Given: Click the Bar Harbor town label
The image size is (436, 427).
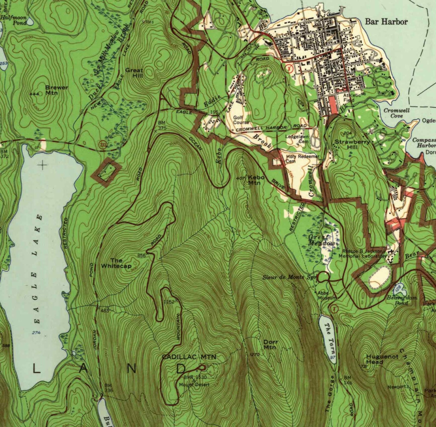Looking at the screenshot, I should click(386, 22).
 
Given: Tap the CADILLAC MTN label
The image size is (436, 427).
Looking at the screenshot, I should click(189, 357).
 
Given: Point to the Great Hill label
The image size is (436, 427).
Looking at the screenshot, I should click(134, 72).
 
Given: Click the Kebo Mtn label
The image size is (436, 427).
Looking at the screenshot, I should click(256, 180).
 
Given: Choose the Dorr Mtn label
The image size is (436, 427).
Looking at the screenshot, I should click(270, 345).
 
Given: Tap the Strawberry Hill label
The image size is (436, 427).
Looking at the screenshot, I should click(352, 144).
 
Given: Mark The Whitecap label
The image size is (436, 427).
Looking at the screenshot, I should click(116, 263).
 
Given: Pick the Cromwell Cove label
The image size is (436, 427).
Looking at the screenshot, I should click(396, 113).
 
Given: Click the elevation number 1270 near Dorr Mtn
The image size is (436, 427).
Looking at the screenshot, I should click(255, 355).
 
